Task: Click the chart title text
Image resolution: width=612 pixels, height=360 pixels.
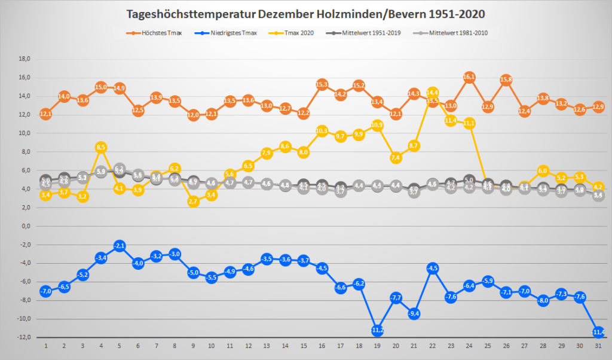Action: coord(306,14)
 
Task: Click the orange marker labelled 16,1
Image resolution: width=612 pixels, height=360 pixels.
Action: coord(469,77)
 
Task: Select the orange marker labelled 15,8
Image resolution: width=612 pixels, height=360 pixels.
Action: coord(506,80)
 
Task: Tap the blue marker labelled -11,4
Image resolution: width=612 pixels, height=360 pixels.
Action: coord(598,332)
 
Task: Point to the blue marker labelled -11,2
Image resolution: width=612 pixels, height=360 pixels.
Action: coord(377,330)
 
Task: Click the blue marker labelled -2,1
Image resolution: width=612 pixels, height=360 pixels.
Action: coord(120,246)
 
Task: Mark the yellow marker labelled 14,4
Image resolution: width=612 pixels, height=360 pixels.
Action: coord(432,93)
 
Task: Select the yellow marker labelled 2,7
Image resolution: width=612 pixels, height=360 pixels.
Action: coord(193,202)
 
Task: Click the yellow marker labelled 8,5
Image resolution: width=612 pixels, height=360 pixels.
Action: coord(101,147)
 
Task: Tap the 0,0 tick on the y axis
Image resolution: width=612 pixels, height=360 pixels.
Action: coord(25,227)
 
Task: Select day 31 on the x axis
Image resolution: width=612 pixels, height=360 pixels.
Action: coord(598,346)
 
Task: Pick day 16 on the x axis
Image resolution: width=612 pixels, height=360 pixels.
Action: coord(322,346)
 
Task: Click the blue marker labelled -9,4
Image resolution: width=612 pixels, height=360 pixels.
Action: coord(414,313)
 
